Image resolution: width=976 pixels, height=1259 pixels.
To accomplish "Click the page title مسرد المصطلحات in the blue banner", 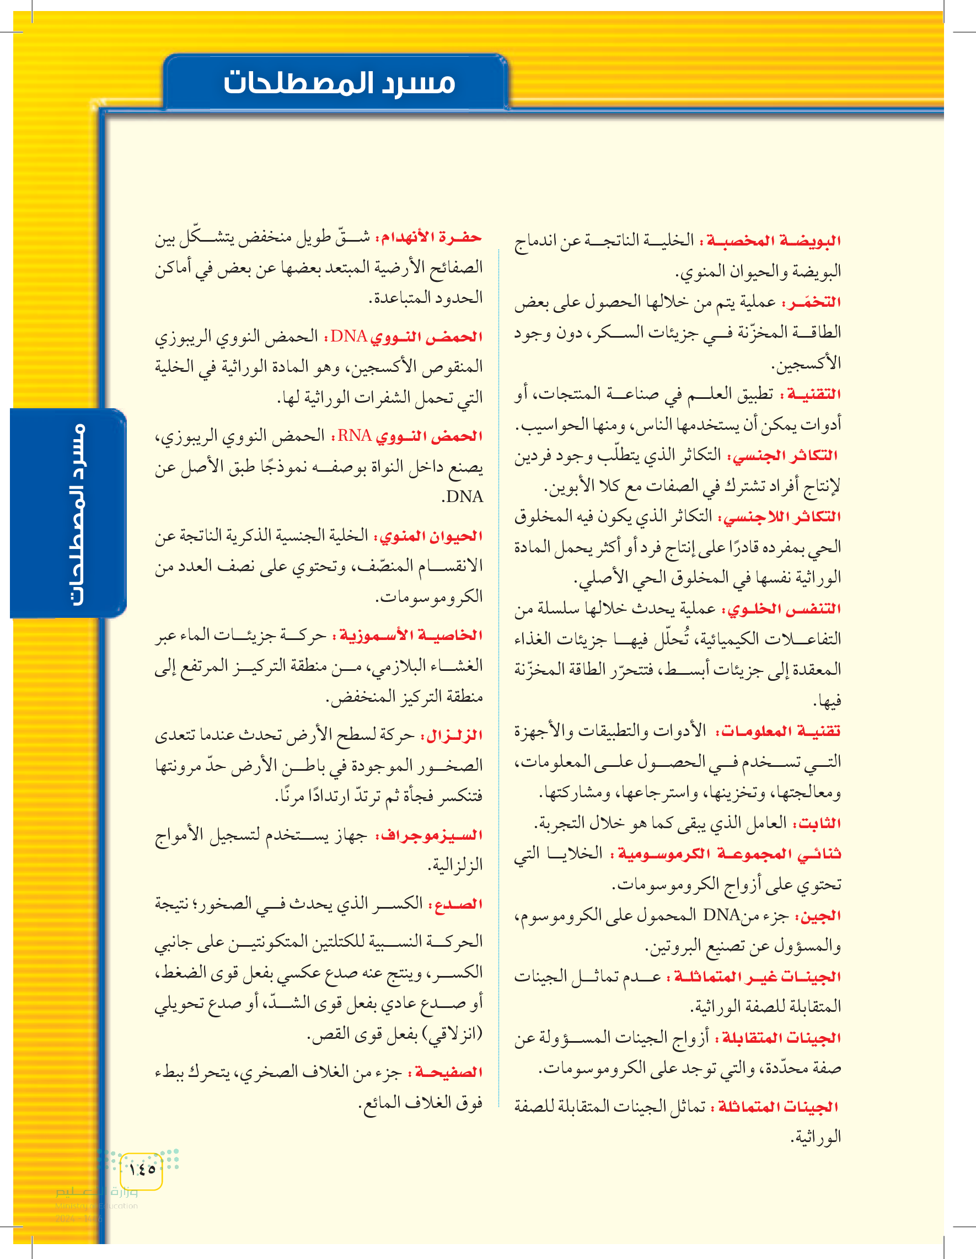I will (x=339, y=82).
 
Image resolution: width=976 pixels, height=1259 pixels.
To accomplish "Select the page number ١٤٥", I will (x=142, y=1169).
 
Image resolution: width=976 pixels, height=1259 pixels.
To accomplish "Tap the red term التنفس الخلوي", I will (x=784, y=609).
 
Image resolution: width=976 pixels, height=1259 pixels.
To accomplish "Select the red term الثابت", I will (x=817, y=823).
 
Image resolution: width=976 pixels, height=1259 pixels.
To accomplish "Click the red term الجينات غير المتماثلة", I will (x=757, y=977).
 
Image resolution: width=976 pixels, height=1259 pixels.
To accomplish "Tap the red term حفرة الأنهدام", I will (x=429, y=237).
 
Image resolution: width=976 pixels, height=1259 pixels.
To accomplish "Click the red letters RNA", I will (x=355, y=436).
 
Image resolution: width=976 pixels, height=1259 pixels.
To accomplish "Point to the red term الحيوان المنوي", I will (x=429, y=536).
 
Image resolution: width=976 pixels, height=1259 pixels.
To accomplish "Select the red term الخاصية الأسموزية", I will (x=411, y=635).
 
